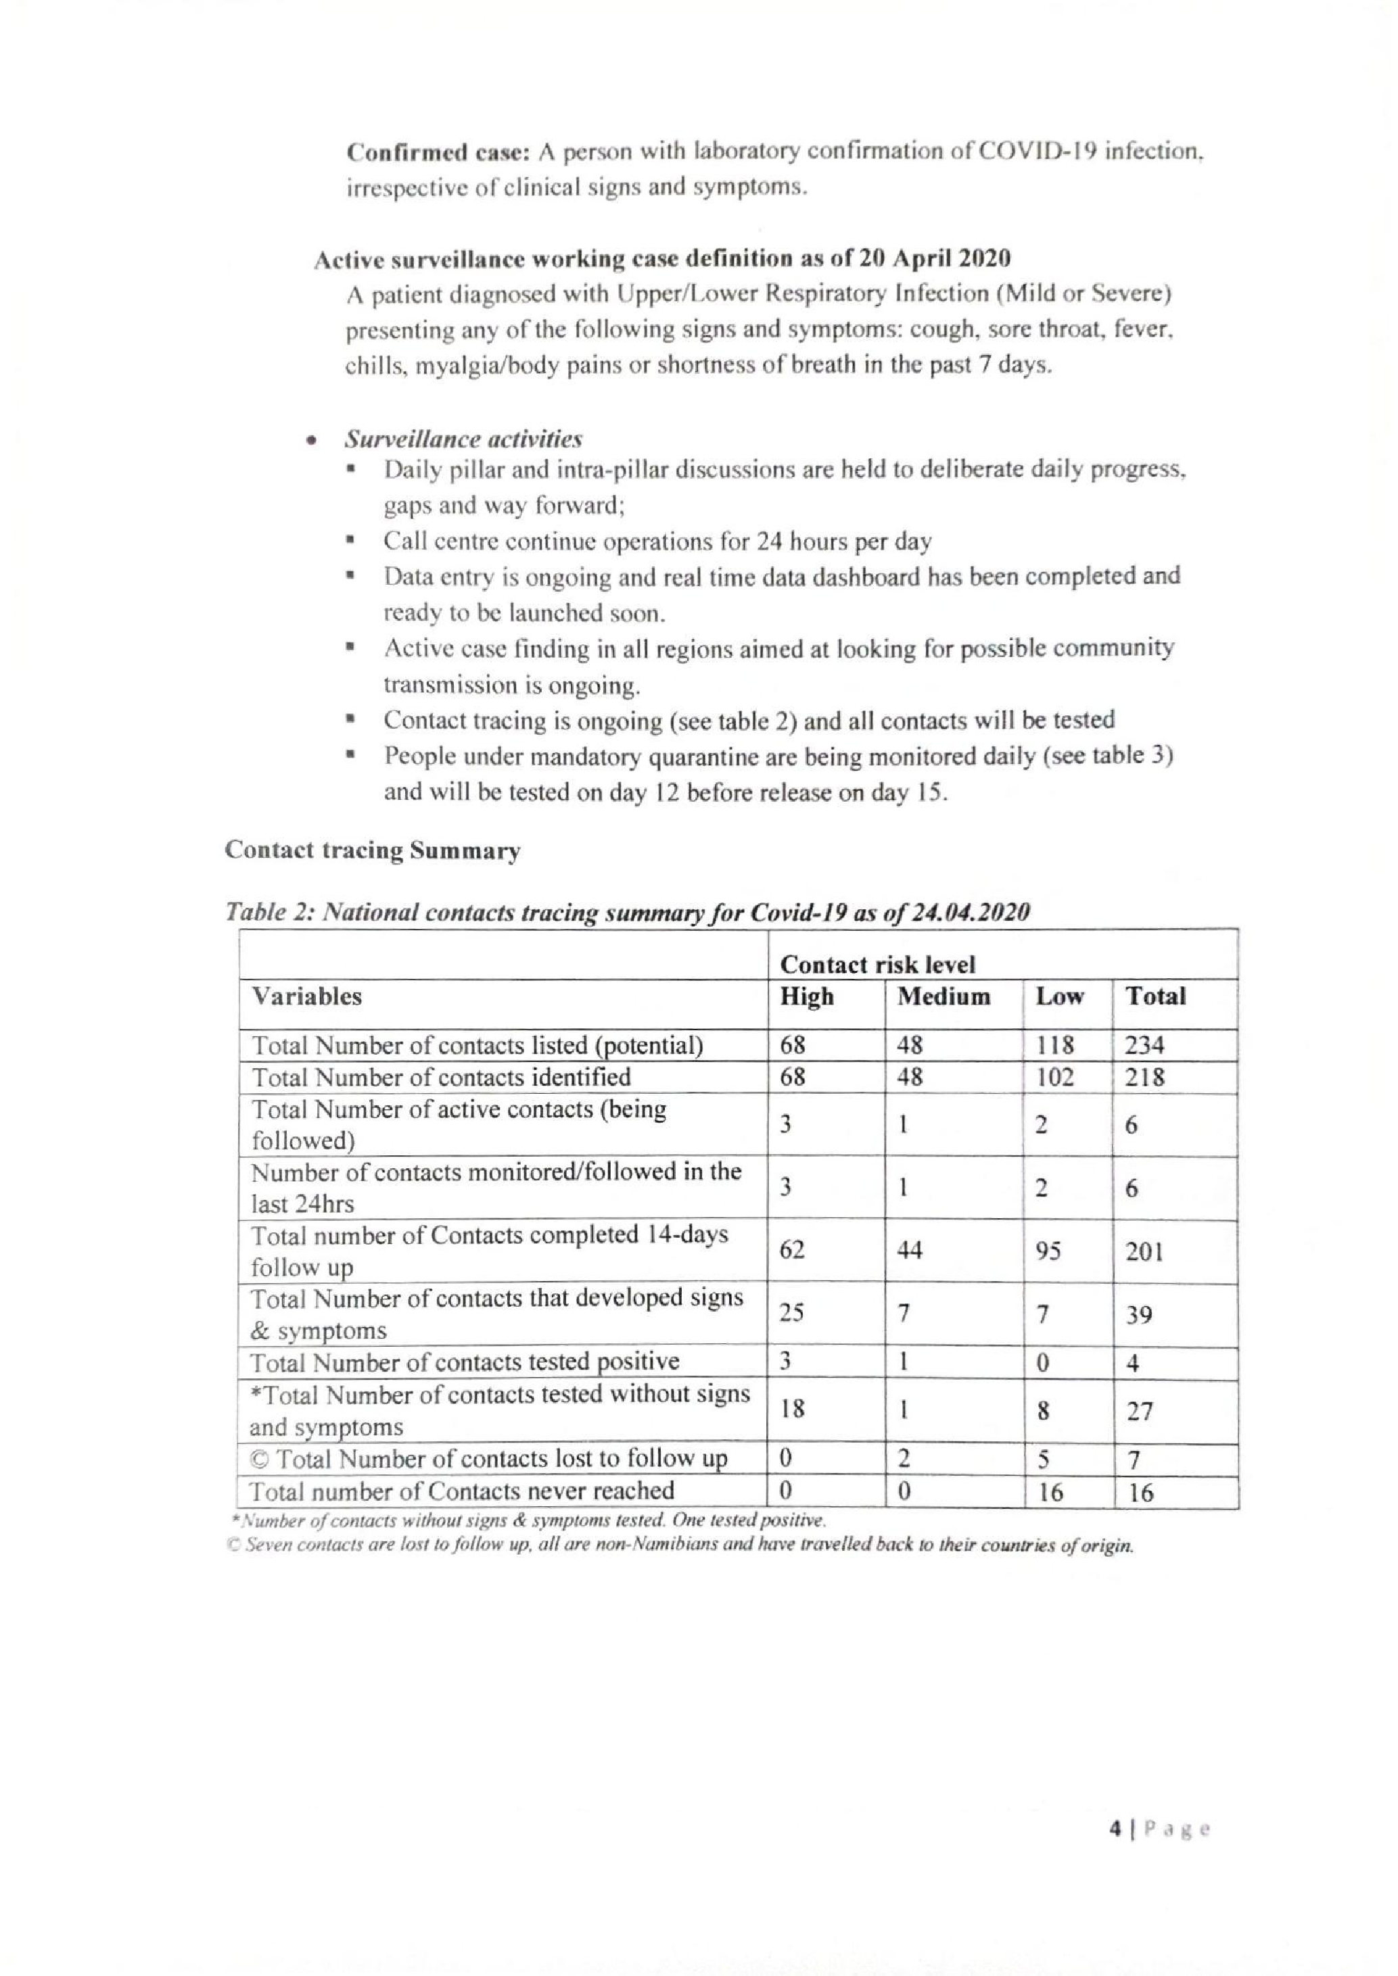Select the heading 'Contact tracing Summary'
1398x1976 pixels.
point(372,850)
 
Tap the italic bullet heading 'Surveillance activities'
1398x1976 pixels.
point(463,440)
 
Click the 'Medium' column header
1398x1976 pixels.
point(943,996)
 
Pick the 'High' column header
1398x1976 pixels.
point(807,996)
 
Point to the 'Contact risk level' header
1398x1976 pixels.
point(877,965)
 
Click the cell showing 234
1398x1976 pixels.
point(1144,1046)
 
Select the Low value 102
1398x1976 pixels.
point(1054,1078)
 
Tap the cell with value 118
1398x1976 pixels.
point(1054,1046)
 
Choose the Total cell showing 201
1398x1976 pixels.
point(1144,1251)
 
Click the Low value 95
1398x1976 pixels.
point(1048,1251)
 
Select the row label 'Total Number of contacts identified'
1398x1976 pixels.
point(441,1078)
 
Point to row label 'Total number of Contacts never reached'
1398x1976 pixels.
point(462,1491)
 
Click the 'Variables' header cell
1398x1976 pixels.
point(306,996)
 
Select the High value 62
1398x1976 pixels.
point(792,1250)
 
